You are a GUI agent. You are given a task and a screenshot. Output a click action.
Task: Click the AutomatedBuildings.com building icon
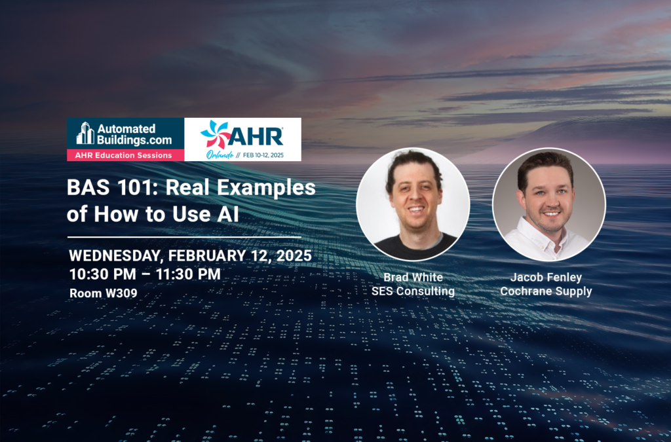[85, 133]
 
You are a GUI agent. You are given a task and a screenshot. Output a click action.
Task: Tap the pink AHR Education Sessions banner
[125, 155]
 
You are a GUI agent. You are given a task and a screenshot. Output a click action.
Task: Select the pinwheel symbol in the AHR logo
[215, 134]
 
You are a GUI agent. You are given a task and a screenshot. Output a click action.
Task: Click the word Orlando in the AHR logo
[220, 155]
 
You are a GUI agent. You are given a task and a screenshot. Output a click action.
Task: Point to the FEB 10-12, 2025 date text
[263, 155]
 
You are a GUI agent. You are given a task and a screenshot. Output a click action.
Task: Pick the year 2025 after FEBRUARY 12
[294, 255]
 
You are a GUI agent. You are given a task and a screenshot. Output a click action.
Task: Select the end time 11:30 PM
[188, 274]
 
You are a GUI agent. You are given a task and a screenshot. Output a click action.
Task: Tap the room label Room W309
[104, 293]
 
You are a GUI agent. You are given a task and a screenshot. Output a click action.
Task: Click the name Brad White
[413, 278]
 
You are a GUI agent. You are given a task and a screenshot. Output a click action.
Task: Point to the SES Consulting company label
[413, 291]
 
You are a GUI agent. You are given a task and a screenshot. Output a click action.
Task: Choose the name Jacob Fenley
[546, 278]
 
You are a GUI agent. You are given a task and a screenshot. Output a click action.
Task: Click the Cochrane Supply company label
[546, 291]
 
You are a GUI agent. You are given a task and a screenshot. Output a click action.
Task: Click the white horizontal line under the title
[184, 237]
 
